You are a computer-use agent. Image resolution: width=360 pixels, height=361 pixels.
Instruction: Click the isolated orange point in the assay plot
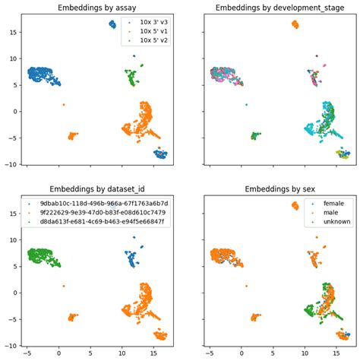pos(64,104)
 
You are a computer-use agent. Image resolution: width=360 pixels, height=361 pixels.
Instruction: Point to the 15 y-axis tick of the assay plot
pos(14,33)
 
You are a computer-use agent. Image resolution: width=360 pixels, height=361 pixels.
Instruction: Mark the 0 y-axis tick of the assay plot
pos(17,111)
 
